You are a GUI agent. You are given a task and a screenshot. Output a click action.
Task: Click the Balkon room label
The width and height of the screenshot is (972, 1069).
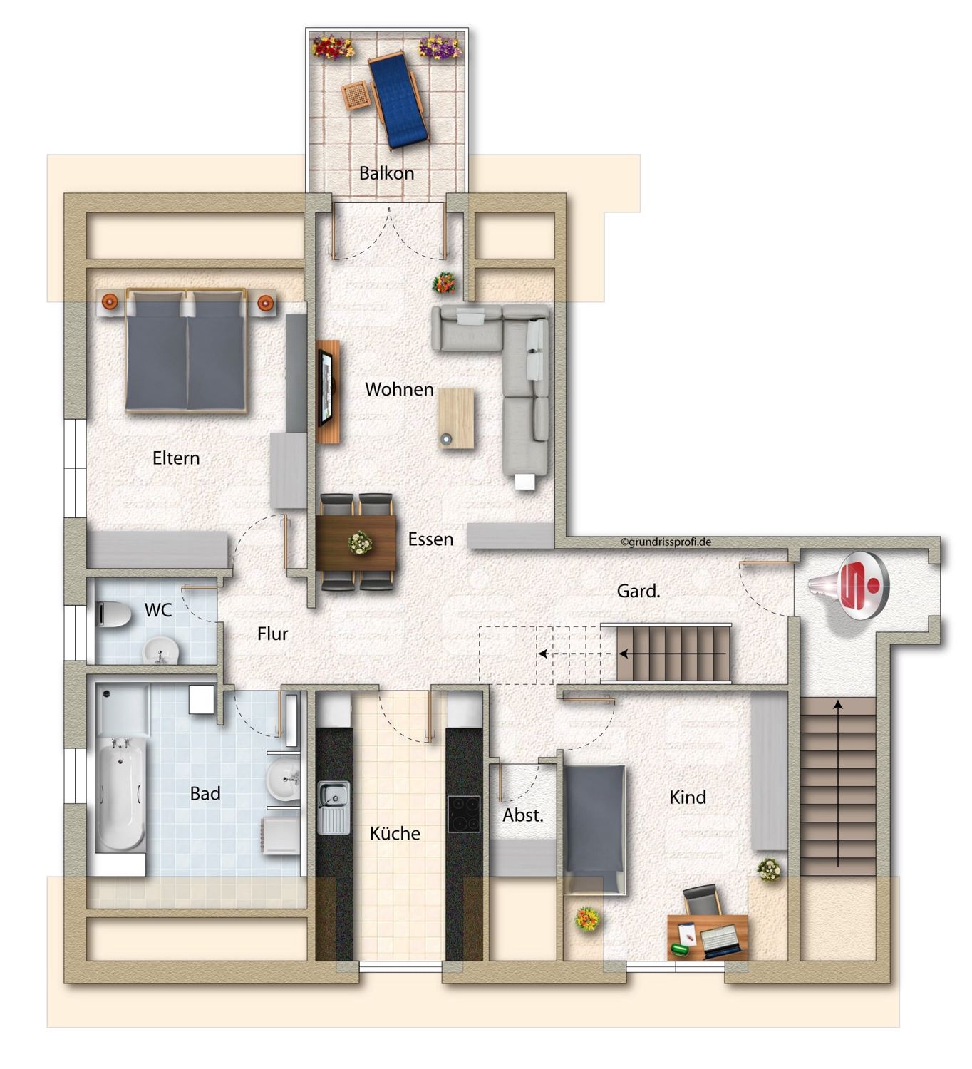(x=386, y=173)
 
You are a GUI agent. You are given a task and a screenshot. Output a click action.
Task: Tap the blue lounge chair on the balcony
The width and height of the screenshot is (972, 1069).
(x=398, y=100)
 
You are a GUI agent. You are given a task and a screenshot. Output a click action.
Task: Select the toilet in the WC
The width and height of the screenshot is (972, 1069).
(x=115, y=614)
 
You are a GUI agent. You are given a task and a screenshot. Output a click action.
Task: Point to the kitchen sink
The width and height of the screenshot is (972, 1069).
(x=334, y=807)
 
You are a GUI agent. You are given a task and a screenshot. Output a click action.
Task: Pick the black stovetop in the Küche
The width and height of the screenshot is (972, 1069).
(x=463, y=813)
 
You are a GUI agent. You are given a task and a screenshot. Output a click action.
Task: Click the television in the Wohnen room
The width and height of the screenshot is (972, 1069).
(x=325, y=388)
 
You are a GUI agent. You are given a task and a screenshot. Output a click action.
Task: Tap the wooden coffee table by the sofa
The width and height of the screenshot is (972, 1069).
(x=455, y=418)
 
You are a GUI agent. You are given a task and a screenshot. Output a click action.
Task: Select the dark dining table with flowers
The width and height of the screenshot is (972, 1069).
(x=356, y=542)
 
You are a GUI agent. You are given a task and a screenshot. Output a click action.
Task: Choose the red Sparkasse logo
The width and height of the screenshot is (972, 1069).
(x=859, y=584)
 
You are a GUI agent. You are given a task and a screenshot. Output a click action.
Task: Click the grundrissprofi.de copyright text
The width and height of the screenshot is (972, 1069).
(x=666, y=542)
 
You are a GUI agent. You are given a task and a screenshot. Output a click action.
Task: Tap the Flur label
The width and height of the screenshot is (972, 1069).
(x=272, y=634)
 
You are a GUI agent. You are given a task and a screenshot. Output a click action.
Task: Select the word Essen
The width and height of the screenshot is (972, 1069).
(x=430, y=539)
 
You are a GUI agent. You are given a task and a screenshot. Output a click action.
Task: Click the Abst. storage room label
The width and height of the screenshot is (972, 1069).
(x=523, y=815)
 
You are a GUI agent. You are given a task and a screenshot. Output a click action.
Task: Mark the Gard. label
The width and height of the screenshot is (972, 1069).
(x=638, y=591)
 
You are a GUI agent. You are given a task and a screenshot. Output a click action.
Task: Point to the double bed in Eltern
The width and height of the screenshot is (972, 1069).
(x=186, y=350)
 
